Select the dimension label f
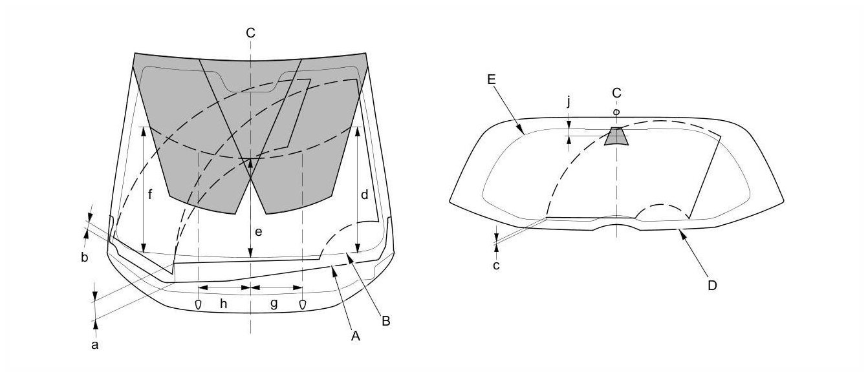click(150, 194)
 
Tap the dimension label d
click(365, 193)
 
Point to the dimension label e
click(258, 232)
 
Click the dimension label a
click(95, 346)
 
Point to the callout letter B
click(385, 320)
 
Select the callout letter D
click(712, 285)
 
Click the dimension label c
click(497, 265)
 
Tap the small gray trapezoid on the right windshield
click(616, 136)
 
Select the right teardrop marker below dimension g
click(302, 304)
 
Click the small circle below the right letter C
click(616, 112)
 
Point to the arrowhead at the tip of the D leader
click(677, 230)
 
